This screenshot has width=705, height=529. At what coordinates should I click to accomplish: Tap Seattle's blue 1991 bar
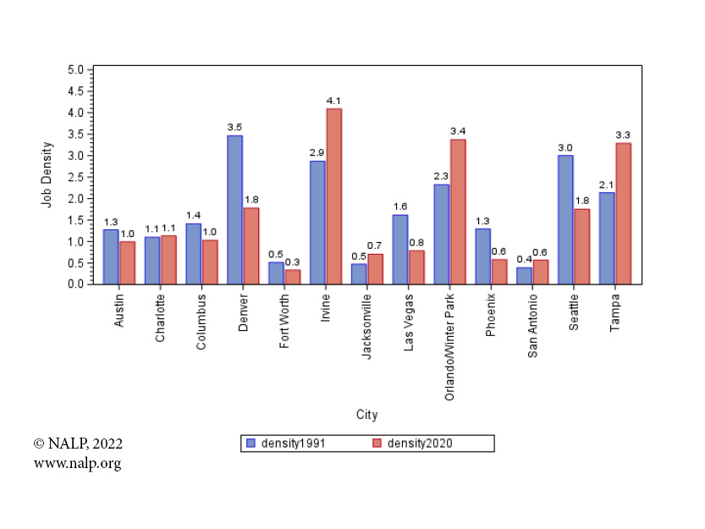(x=565, y=220)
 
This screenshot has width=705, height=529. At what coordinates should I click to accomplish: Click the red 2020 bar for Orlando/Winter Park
(x=458, y=212)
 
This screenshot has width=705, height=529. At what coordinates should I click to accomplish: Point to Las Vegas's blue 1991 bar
(x=399, y=250)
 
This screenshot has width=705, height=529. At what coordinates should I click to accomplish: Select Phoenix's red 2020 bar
(x=498, y=272)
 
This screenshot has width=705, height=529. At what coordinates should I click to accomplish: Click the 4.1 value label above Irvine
(x=333, y=101)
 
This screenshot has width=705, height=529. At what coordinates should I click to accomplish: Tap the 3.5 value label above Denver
(x=234, y=127)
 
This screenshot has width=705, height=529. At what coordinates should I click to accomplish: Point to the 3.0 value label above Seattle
(x=565, y=147)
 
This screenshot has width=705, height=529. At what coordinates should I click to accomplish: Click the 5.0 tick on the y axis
(x=75, y=69)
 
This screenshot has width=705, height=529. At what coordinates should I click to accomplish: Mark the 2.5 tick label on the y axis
(x=75, y=177)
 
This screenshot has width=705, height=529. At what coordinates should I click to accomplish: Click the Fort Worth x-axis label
(x=284, y=321)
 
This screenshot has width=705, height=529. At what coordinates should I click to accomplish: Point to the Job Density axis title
(x=47, y=174)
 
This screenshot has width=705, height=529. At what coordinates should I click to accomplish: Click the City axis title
(x=366, y=415)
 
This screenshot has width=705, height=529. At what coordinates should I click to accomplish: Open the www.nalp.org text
(x=77, y=463)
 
